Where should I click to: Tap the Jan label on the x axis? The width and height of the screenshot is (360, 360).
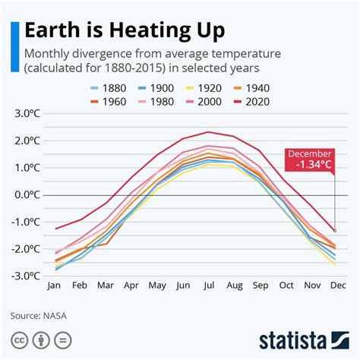[x=54, y=287]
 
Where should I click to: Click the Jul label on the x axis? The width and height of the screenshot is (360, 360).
[x=207, y=287]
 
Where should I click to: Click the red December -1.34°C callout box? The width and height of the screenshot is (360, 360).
[x=310, y=159]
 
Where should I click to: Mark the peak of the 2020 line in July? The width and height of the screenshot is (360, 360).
[x=207, y=132]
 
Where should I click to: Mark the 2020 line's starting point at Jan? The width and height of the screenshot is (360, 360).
[x=54, y=229]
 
